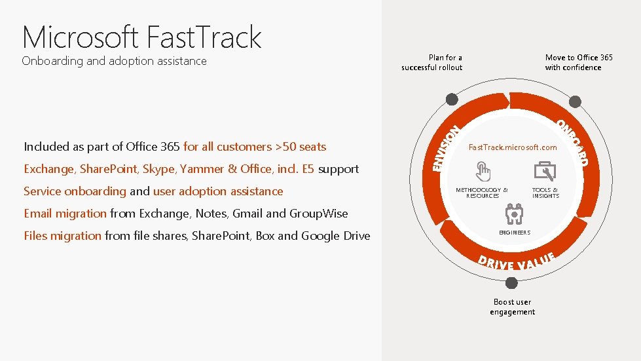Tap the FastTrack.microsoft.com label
pyautogui.click(x=513, y=147)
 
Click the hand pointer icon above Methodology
pyautogui.click(x=483, y=172)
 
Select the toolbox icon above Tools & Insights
pyautogui.click(x=545, y=171)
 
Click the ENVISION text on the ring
pyautogui.click(x=447, y=149)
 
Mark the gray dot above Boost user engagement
pyautogui.click(x=512, y=283)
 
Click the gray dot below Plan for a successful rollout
pyautogui.click(x=451, y=100)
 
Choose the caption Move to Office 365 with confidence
pyautogui.click(x=579, y=62)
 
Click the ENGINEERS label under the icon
pyautogui.click(x=515, y=233)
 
